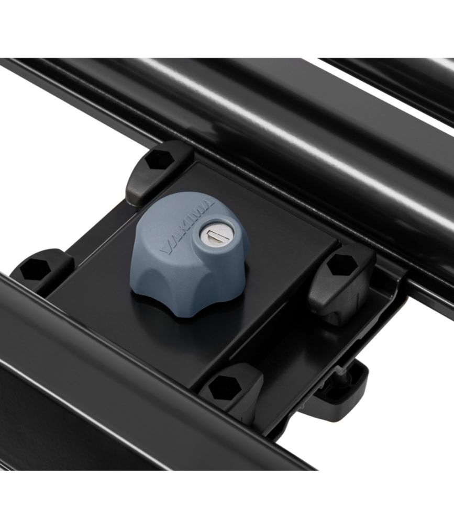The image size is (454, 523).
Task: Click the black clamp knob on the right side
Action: point(340,285)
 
